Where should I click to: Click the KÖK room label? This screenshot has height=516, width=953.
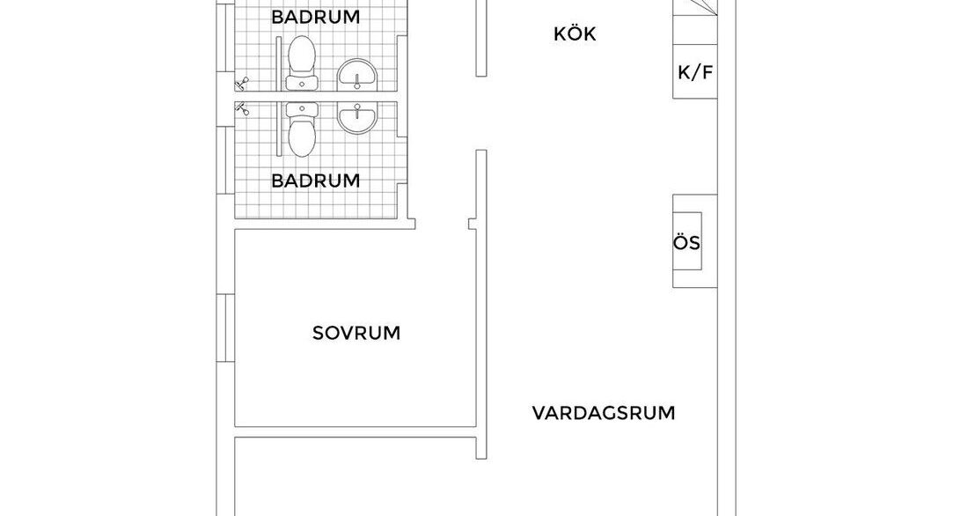(575, 33)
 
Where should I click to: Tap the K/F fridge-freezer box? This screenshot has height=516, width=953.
(694, 72)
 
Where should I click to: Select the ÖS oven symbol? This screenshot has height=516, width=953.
(687, 241)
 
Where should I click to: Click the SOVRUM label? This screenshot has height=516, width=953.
(356, 333)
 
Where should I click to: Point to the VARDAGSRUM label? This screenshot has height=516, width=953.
(604, 413)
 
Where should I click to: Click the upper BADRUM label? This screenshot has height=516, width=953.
(315, 17)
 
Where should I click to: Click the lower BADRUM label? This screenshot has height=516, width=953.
(315, 181)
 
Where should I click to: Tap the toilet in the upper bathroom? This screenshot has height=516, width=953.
(302, 63)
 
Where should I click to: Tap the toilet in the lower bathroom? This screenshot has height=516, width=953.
(302, 129)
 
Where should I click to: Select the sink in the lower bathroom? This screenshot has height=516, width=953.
(356, 118)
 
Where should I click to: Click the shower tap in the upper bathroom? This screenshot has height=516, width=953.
(243, 83)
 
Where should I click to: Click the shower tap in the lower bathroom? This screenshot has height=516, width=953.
(243, 109)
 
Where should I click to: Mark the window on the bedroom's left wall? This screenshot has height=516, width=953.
(225, 328)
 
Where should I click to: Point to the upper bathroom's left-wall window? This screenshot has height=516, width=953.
(225, 39)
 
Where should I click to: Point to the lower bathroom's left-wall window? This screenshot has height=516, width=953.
(225, 160)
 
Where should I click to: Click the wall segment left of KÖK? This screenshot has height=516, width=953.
(481, 38)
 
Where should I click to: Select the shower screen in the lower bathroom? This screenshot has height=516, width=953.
(279, 129)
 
